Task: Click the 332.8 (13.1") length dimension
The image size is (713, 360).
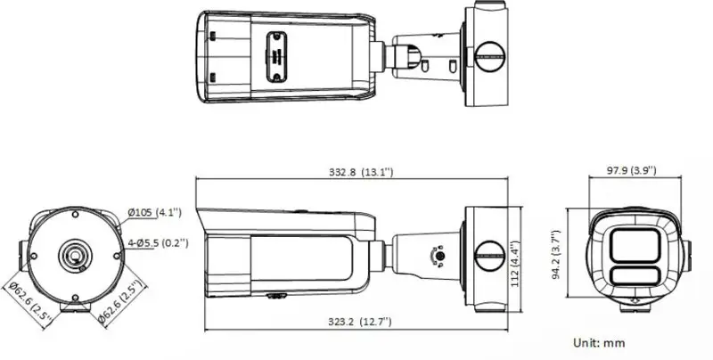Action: point(361,172)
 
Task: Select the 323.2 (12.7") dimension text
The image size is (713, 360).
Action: point(360,322)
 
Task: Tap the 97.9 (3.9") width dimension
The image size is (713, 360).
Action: point(632,170)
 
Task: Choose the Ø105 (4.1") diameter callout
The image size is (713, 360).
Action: point(154,212)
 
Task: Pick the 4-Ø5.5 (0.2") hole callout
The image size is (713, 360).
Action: point(158,243)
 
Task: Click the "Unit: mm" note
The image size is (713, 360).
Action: point(599,343)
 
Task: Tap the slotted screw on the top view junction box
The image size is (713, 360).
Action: point(490,56)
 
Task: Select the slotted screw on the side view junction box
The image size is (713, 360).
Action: point(490,256)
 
